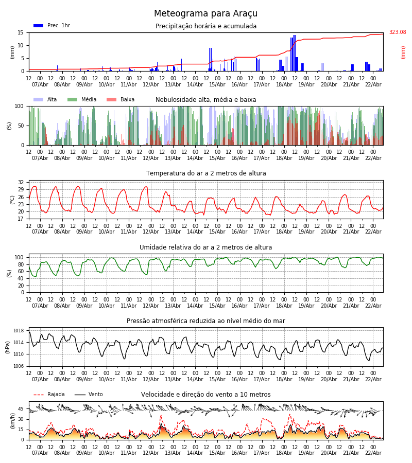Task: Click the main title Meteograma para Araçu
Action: tap(205, 14)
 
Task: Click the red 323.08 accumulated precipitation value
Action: tap(397, 32)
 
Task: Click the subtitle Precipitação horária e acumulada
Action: tap(205, 26)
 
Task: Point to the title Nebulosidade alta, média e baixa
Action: tap(205, 100)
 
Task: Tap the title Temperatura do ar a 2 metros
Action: tap(205, 173)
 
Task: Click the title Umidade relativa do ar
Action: tap(205, 247)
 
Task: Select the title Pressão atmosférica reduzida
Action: tap(205, 321)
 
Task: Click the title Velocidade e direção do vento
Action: tap(205, 395)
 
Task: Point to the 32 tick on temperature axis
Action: tap(21, 183)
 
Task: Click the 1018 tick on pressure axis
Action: tap(19, 331)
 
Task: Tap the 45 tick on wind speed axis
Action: tap(21, 409)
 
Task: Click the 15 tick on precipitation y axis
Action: tap(21, 32)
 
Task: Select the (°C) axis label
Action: tap(12, 200)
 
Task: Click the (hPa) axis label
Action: tap(8, 347)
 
